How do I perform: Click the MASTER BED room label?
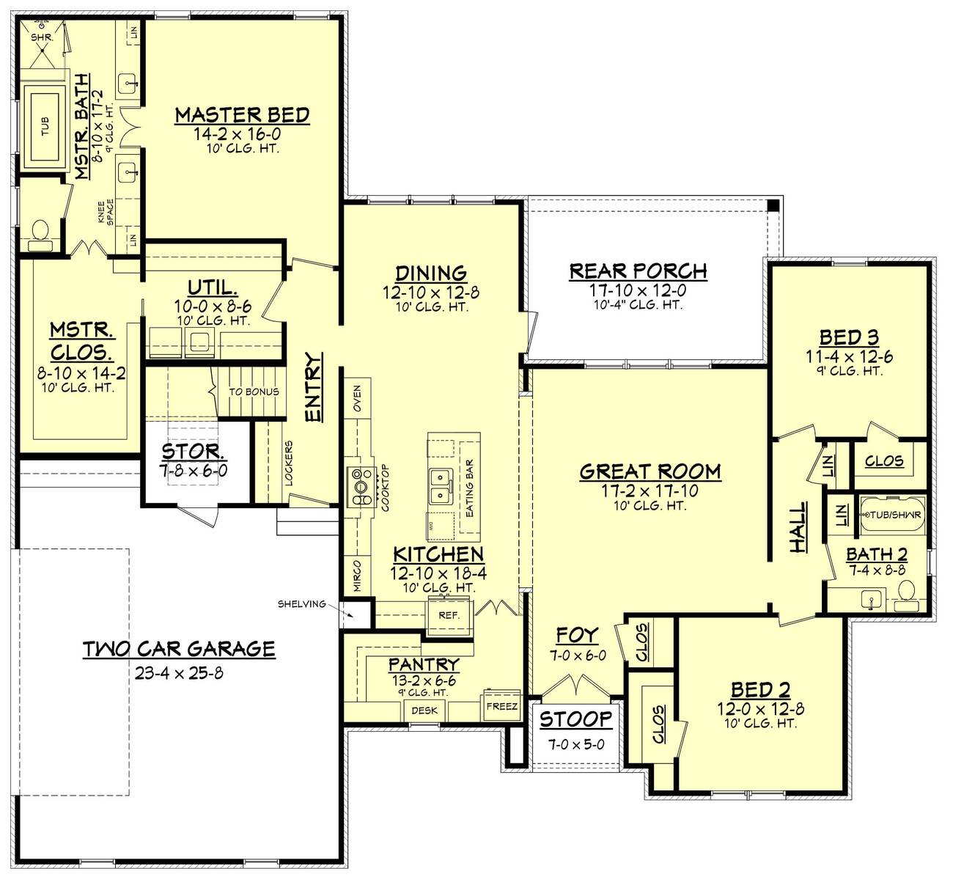point(242,115)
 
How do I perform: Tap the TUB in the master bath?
point(45,128)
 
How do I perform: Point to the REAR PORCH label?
point(638,271)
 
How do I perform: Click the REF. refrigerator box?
point(449,614)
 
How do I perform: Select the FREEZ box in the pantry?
point(501,706)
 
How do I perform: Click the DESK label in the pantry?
point(424,710)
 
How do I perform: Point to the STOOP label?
point(575,719)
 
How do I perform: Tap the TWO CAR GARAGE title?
point(179,648)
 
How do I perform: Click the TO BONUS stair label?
point(254,392)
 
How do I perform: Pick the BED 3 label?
point(849,337)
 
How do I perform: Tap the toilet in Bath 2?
point(907,591)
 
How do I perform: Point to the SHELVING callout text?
point(301,603)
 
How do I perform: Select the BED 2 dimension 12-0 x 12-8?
point(760,709)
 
